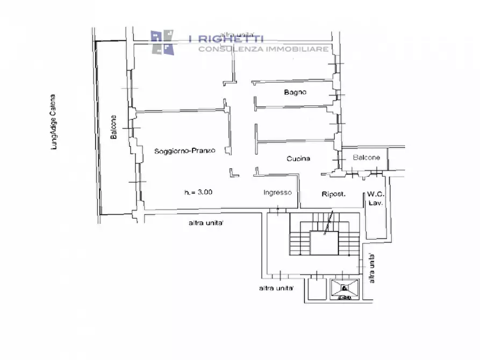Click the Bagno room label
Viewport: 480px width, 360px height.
click(x=295, y=92)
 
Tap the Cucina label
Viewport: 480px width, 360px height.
click(x=298, y=159)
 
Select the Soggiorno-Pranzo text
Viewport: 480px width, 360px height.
click(x=184, y=151)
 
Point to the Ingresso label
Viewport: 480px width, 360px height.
click(x=278, y=192)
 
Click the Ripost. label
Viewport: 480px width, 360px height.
click(x=334, y=194)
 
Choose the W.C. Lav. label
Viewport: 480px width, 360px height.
click(x=376, y=198)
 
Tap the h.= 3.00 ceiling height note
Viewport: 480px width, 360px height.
click(x=198, y=192)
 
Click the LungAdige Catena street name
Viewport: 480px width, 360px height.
click(x=54, y=122)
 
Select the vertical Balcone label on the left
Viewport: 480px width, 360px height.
click(x=113, y=127)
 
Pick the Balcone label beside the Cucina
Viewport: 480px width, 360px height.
click(x=367, y=157)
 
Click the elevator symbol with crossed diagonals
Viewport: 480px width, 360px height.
click(x=345, y=289)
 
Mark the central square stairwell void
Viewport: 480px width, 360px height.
click(x=324, y=243)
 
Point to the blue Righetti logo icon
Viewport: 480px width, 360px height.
click(x=162, y=42)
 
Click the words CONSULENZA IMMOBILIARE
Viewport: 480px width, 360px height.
click(x=263, y=49)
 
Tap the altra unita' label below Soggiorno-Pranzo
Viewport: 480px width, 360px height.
click(x=206, y=223)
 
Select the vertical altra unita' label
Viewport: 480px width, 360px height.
click(x=371, y=269)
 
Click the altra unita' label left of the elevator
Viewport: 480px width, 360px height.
click(x=276, y=288)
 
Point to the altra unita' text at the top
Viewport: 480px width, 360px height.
click(x=237, y=34)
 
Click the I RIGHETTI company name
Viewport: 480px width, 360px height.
click(x=226, y=39)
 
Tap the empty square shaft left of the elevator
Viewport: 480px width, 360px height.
click(x=317, y=289)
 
